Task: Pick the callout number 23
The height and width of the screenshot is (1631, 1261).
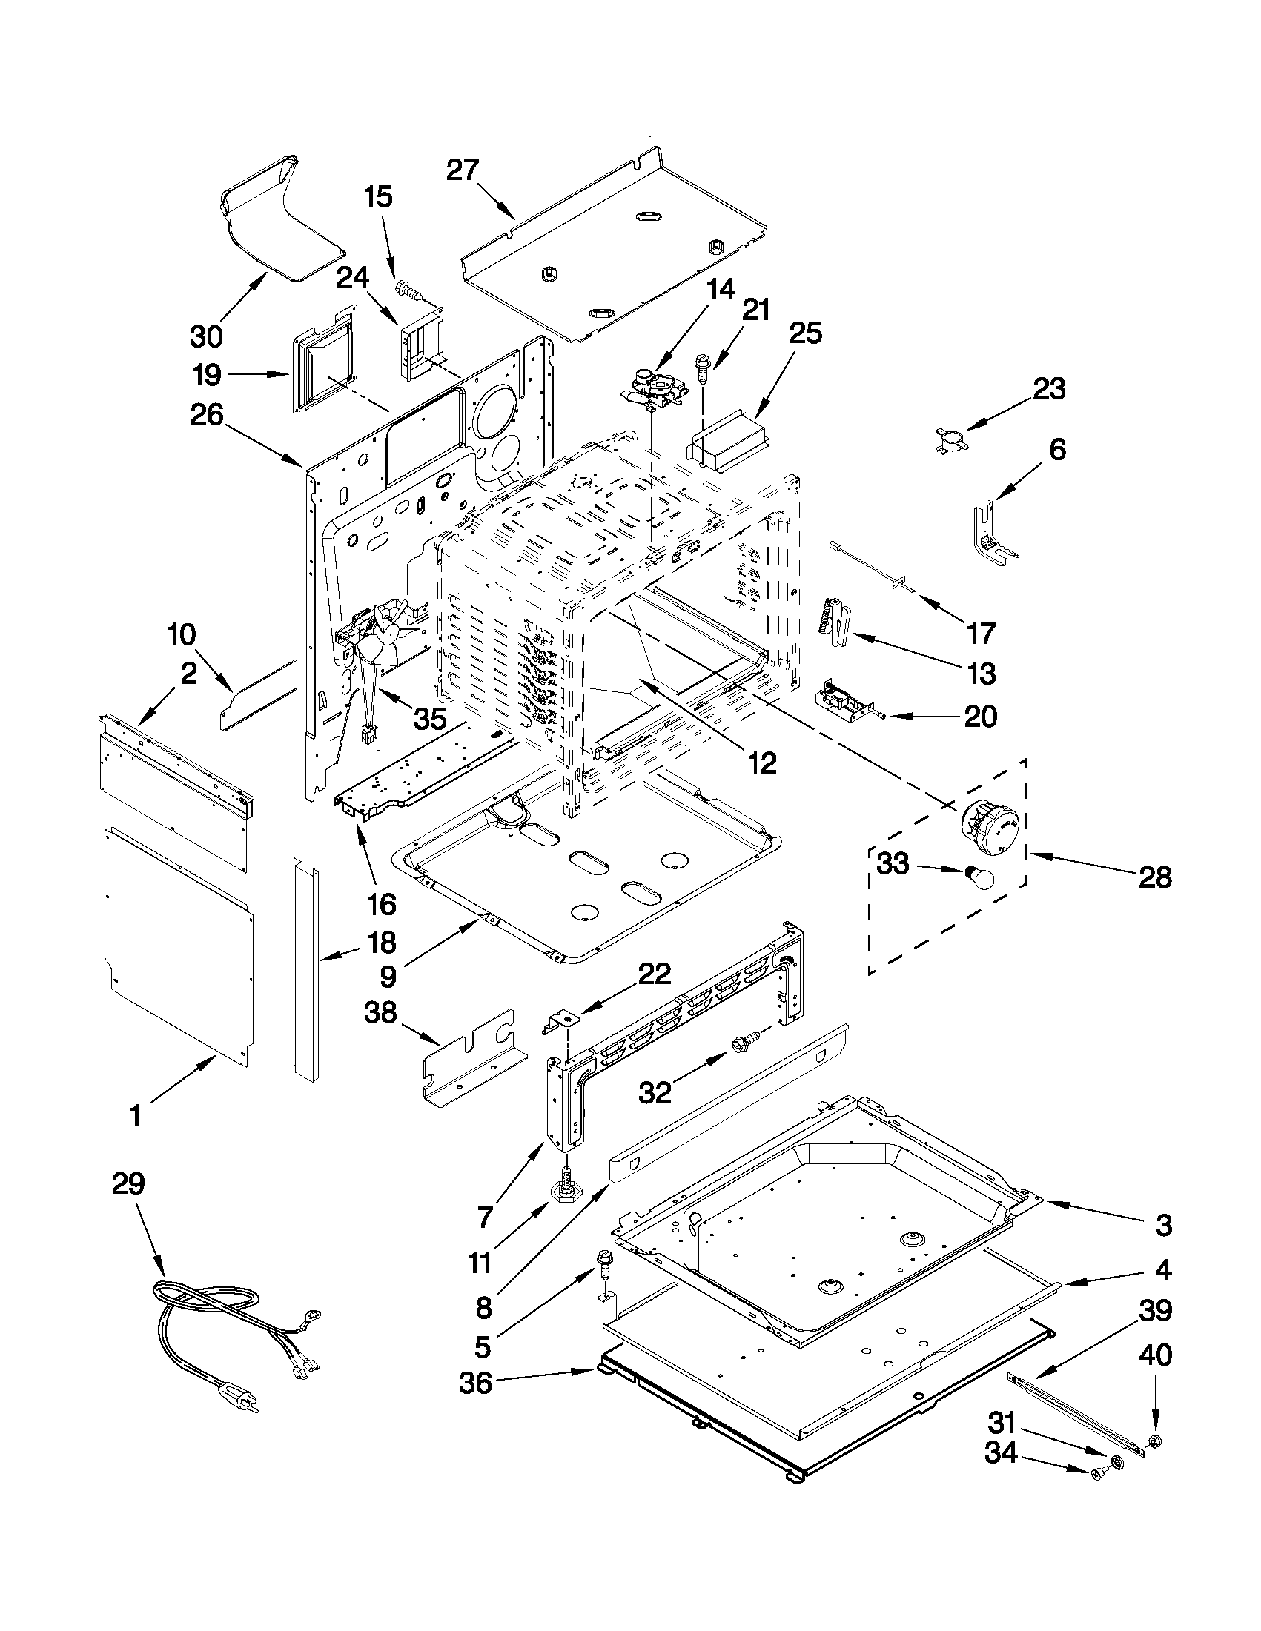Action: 1049,389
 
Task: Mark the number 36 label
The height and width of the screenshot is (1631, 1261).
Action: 476,1383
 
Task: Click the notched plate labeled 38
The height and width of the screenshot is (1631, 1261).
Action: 467,1060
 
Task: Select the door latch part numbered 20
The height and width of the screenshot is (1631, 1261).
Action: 842,698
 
